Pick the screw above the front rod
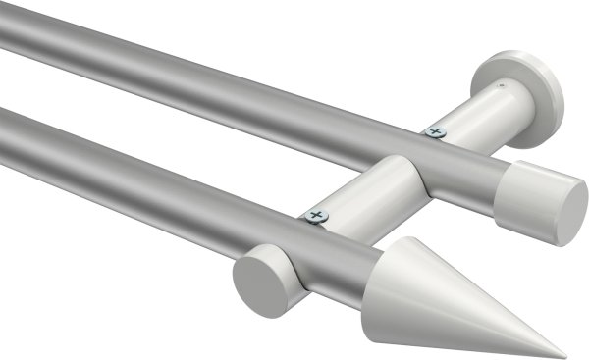(314, 214)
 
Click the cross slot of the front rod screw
(314, 213)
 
